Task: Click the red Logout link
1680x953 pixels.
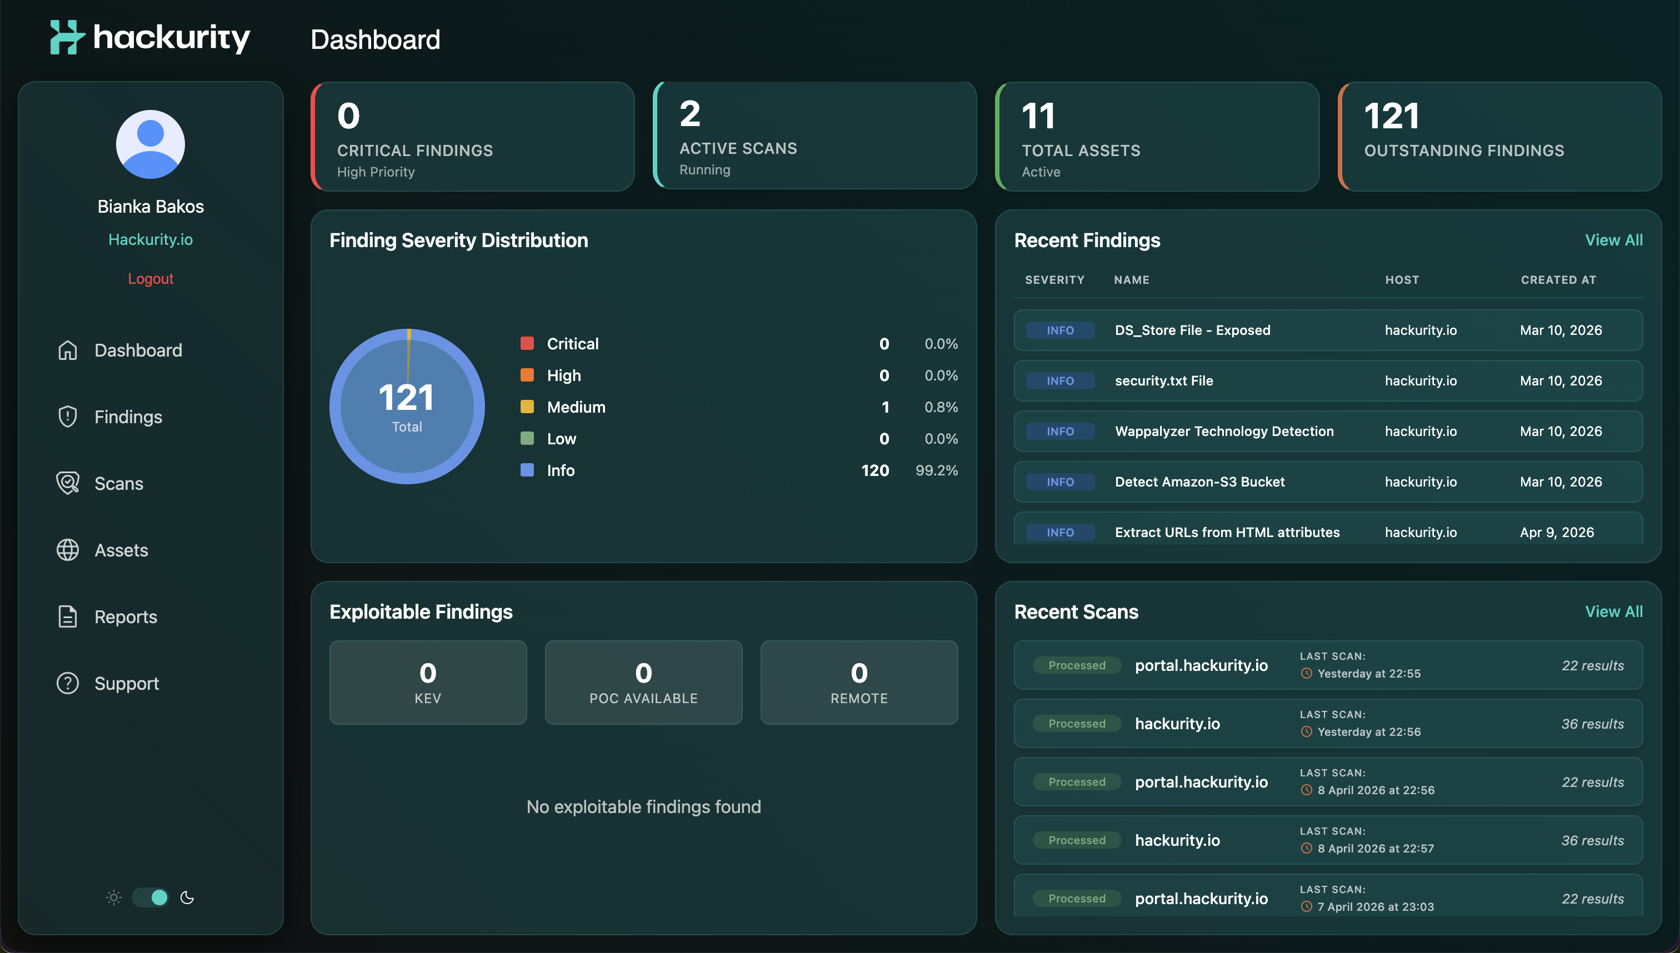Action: [x=150, y=279]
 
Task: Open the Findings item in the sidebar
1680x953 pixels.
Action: [x=128, y=417]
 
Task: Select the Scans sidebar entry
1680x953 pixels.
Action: [x=118, y=484]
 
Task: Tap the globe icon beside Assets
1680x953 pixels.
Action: [x=67, y=550]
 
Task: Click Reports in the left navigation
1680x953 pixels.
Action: [x=125, y=617]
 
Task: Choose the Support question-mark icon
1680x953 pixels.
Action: [x=67, y=683]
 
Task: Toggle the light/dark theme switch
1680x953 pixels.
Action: [x=150, y=897]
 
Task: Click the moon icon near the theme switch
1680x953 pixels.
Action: [x=187, y=897]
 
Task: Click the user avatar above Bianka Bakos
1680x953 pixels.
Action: [x=150, y=144]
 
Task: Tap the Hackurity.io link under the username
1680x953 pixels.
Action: [x=150, y=239]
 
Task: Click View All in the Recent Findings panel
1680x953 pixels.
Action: [x=1613, y=240]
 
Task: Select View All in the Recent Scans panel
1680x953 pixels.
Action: [x=1613, y=611]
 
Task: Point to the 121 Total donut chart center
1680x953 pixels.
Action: [x=407, y=407]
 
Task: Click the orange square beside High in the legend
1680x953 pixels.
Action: [x=527, y=375]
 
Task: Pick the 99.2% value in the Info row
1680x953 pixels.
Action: [x=936, y=470]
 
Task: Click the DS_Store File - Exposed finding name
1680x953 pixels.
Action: [x=1192, y=330]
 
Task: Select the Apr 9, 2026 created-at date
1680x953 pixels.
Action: [x=1556, y=532]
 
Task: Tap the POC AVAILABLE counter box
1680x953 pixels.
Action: [x=643, y=683]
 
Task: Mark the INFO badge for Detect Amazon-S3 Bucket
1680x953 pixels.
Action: [x=1060, y=481]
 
